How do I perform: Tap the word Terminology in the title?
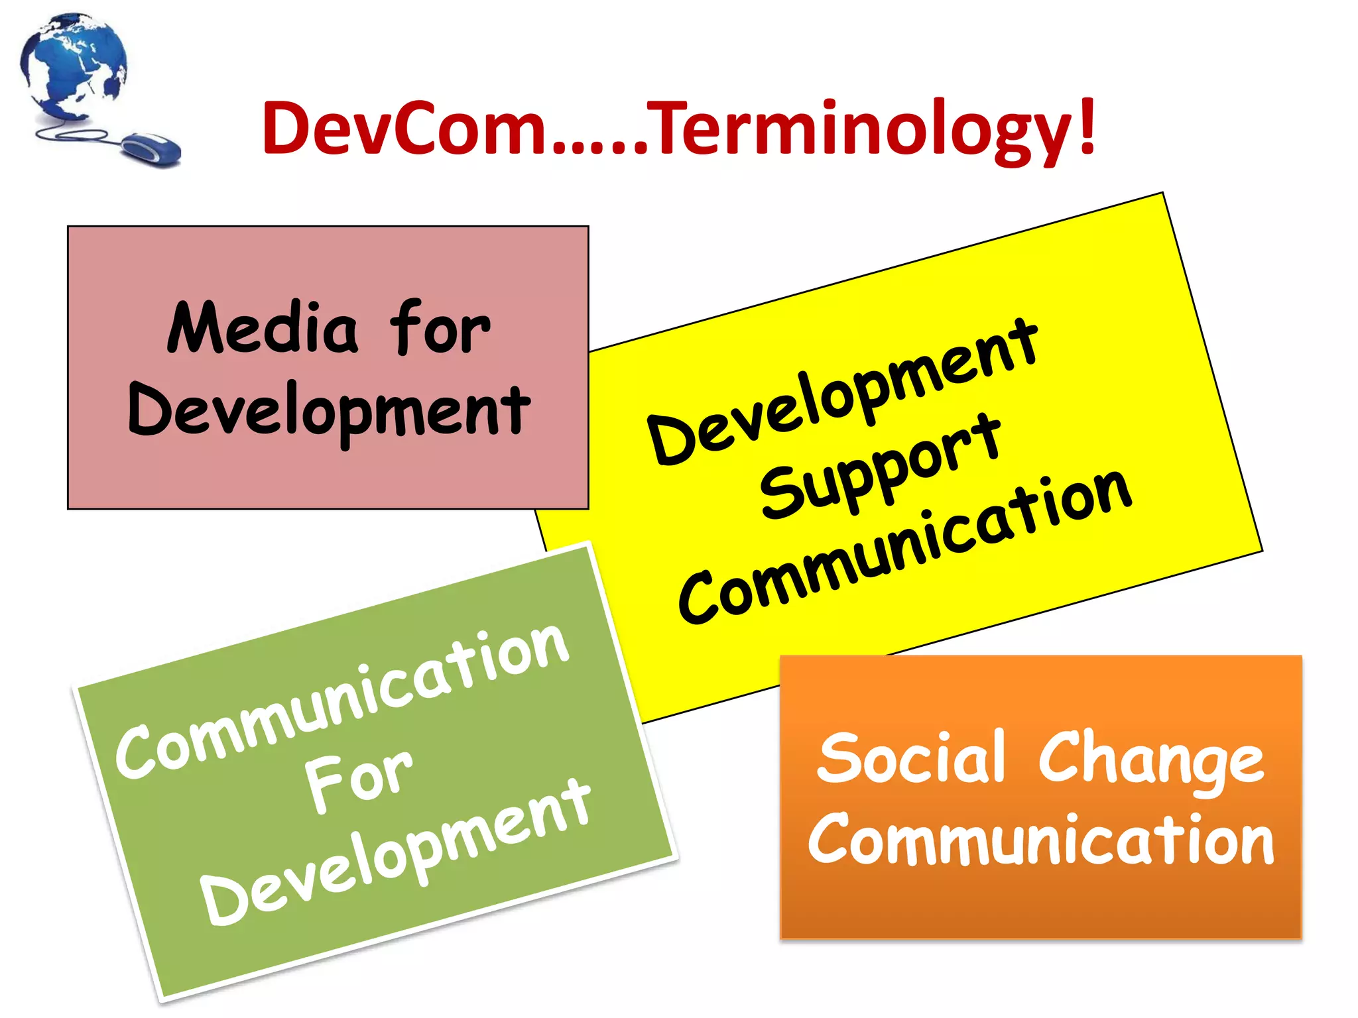click(x=862, y=129)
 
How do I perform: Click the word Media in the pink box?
click(x=263, y=327)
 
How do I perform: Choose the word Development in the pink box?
click(x=329, y=411)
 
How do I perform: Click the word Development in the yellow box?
click(x=842, y=391)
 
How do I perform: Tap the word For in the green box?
click(x=358, y=782)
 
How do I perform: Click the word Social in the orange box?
click(x=911, y=758)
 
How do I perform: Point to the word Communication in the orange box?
click(x=1041, y=840)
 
